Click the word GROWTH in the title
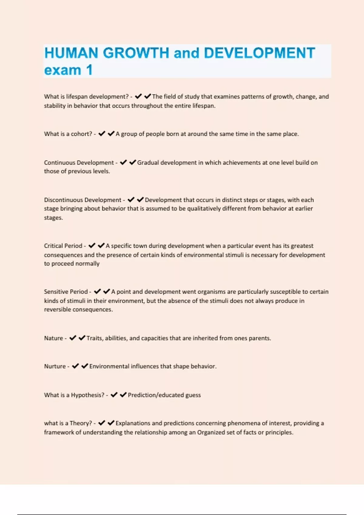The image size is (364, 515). [x=136, y=53]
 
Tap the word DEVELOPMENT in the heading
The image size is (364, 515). [x=259, y=53]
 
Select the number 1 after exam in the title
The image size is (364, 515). [x=89, y=70]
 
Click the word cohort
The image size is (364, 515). [x=81, y=134]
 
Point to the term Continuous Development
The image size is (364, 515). [x=79, y=163]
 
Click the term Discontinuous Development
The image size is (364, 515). [x=83, y=200]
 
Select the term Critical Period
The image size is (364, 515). [x=63, y=246]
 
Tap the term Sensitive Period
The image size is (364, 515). [x=66, y=292]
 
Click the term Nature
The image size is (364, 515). [x=53, y=338]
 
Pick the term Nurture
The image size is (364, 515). [x=55, y=366]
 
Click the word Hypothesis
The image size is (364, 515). [x=88, y=395]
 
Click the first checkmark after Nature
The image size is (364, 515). [x=73, y=338]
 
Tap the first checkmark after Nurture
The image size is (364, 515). [x=76, y=366]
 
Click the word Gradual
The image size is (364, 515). [x=148, y=163]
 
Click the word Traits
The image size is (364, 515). [x=94, y=338]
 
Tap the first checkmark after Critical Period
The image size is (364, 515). [x=92, y=245]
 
